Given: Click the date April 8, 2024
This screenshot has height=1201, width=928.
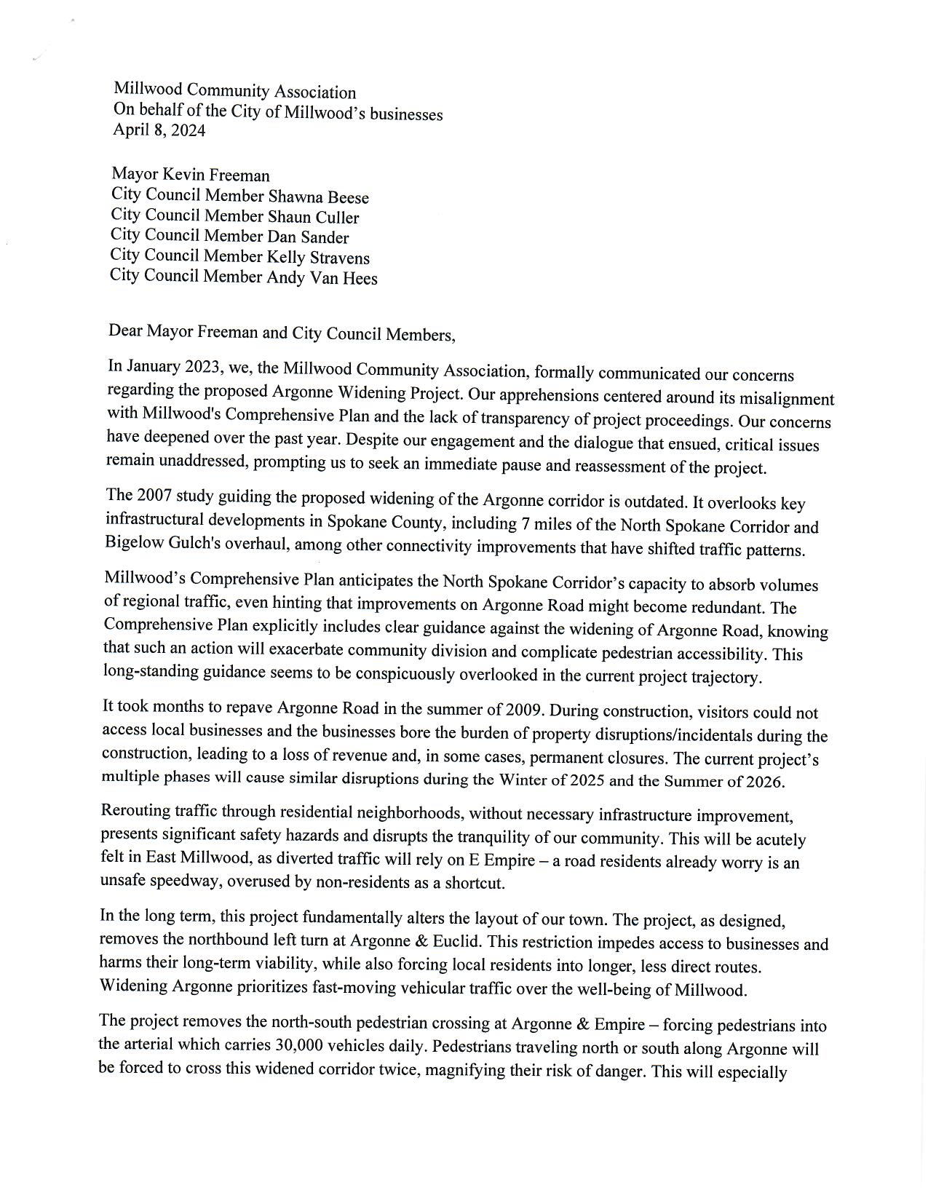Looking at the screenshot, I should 159,131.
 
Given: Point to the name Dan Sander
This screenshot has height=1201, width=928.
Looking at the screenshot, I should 308,237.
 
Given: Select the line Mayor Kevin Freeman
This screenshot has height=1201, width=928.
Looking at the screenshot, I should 191,175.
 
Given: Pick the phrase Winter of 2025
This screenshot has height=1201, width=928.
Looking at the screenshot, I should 552,780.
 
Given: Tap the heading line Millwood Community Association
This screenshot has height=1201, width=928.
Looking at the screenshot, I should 234,92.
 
